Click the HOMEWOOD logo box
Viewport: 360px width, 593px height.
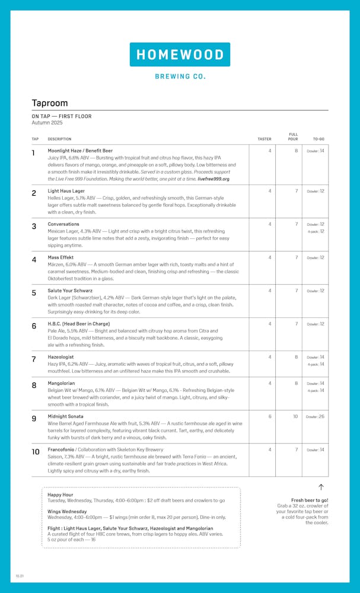[180, 55]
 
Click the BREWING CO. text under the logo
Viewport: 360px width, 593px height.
[180, 76]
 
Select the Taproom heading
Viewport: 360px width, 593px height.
[50, 103]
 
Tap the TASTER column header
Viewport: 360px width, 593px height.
[264, 139]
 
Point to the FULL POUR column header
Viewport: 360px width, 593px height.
[293, 137]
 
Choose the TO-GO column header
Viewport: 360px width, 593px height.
[318, 139]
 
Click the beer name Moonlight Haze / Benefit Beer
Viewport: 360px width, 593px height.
[80, 151]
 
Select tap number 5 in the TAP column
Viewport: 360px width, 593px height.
[34, 293]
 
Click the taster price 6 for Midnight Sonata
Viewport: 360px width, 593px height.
[269, 416]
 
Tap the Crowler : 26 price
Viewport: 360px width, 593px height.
[316, 416]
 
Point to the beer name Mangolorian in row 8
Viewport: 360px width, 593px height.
[62, 383]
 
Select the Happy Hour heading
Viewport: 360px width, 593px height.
[60, 495]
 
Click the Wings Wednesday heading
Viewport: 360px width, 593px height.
[67, 511]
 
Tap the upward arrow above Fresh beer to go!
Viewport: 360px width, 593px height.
[321, 487]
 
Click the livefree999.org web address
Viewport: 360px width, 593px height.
[214, 178]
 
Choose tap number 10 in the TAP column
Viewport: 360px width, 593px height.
[36, 452]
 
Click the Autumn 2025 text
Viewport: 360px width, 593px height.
[47, 123]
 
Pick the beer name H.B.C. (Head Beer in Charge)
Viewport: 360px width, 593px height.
[79, 324]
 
